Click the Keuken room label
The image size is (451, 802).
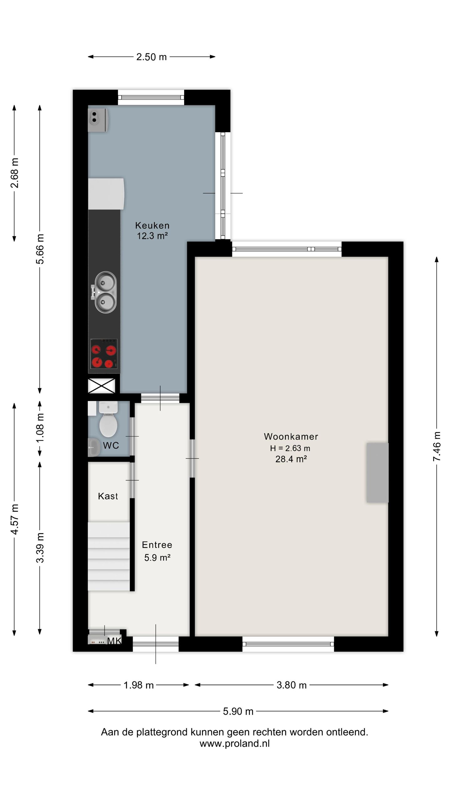pos(152,225)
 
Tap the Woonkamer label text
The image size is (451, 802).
pos(291,436)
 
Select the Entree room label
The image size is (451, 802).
pos(157,545)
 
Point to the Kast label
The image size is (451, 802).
pos(108,496)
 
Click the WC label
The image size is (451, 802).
pos(111,445)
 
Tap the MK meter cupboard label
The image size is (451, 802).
pos(114,641)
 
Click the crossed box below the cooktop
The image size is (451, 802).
pos(101,385)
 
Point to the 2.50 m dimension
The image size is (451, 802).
pos(152,57)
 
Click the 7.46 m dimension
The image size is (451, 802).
pos(437,446)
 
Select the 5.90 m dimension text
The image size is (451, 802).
pos(238,711)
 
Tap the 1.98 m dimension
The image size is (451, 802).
pos(139,685)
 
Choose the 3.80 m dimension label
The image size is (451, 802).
pos(291,685)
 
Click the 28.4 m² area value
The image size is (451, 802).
pos(291,459)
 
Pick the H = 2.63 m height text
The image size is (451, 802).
pos(290,448)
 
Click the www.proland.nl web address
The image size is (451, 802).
pos(235,743)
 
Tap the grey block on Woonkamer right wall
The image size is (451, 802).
pos(378,472)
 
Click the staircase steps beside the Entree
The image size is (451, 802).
pos(109,556)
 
